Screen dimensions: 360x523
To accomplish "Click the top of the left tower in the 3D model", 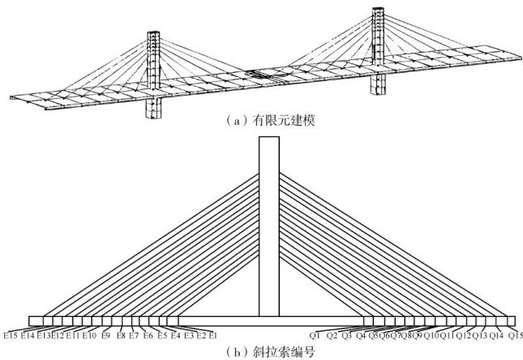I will click(155, 34).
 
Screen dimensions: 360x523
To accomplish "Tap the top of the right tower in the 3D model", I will click(377, 11).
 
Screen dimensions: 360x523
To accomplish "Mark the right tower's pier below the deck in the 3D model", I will click(378, 84).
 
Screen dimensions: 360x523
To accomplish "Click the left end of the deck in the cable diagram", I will click(31, 321).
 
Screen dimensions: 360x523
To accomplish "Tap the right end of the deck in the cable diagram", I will click(513, 321).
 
